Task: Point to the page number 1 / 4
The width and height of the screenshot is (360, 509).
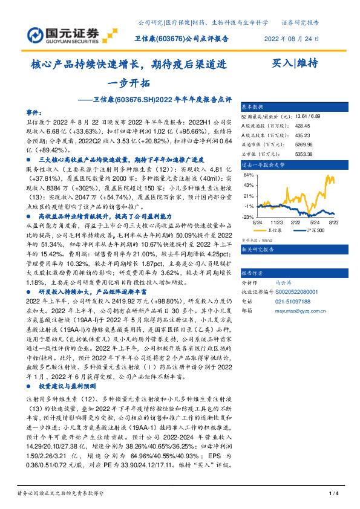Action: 333,494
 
